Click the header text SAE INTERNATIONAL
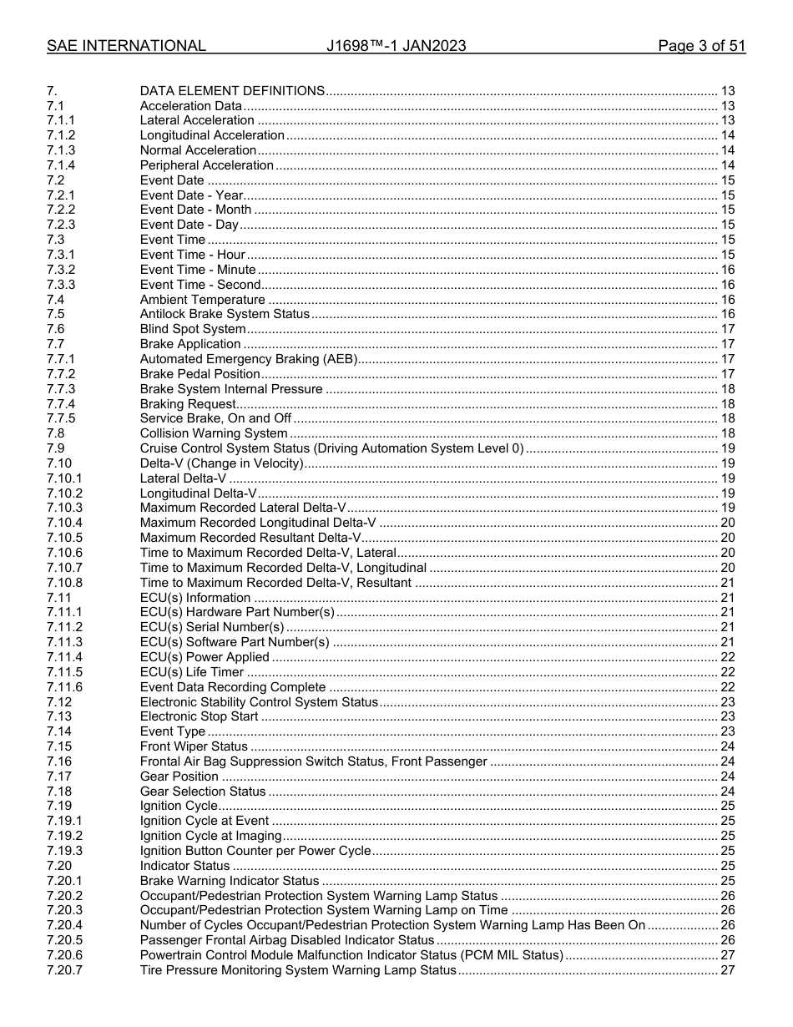(x=126, y=46)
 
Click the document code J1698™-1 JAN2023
(x=396, y=46)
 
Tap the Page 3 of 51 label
(x=701, y=46)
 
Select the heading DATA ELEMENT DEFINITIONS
(x=232, y=91)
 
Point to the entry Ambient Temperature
(x=202, y=300)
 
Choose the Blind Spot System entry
(x=192, y=329)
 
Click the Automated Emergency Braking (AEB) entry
(x=248, y=359)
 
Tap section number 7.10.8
(x=64, y=583)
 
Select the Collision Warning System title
(x=213, y=433)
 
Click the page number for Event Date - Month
(x=727, y=210)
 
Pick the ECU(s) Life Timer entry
(x=191, y=672)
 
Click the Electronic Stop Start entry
(x=199, y=716)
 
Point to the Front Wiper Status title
(x=194, y=746)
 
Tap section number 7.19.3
(x=64, y=851)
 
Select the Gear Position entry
(x=179, y=777)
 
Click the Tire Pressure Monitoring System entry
(x=298, y=970)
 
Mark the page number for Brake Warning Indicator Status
(x=727, y=881)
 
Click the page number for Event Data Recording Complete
(x=727, y=687)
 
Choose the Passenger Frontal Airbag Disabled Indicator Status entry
(x=287, y=940)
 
